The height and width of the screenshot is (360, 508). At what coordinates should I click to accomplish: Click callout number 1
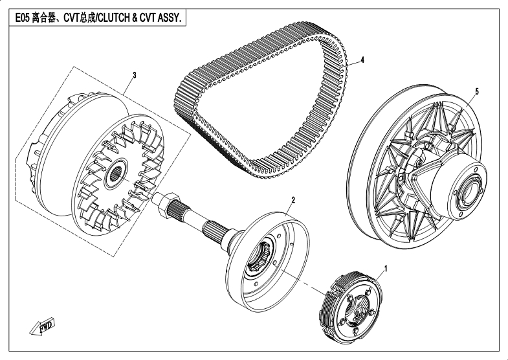386,266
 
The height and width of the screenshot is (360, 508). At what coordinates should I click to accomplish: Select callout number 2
293,200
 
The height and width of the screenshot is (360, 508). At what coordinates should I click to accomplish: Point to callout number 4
362,59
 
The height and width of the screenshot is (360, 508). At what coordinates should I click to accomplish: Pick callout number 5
477,91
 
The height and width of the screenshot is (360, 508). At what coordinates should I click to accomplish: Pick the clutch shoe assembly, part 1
353,304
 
